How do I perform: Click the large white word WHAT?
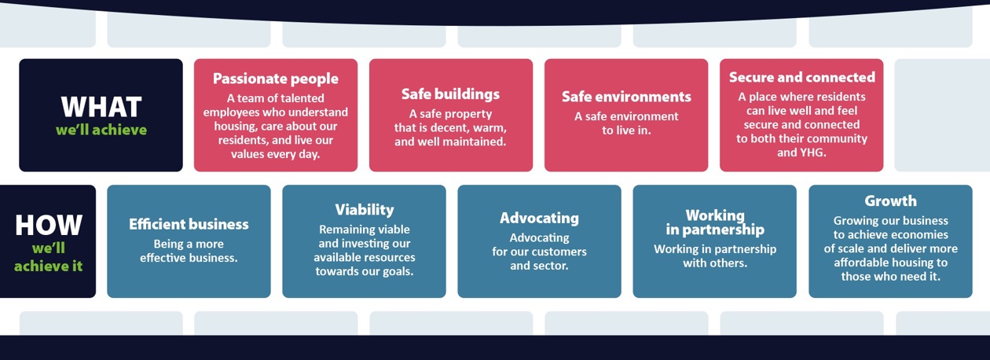click(x=101, y=107)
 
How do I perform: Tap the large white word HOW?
click(x=49, y=225)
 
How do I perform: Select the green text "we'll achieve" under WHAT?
click(x=101, y=130)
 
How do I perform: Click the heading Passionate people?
click(x=275, y=79)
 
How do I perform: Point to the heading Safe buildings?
click(x=450, y=94)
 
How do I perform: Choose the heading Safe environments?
click(x=626, y=97)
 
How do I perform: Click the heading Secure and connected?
click(x=801, y=77)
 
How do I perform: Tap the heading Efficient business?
click(x=189, y=224)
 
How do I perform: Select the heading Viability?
click(x=365, y=210)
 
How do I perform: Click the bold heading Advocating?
click(x=539, y=218)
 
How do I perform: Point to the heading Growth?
click(x=890, y=200)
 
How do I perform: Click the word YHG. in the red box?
click(x=813, y=152)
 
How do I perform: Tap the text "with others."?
click(x=715, y=263)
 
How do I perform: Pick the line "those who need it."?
click(x=890, y=277)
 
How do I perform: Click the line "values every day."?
click(x=275, y=154)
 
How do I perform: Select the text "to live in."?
click(x=626, y=130)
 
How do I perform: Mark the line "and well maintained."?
click(x=450, y=141)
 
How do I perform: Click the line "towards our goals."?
click(x=365, y=271)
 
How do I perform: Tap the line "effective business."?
click(x=189, y=258)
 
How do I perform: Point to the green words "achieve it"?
click(x=49, y=266)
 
